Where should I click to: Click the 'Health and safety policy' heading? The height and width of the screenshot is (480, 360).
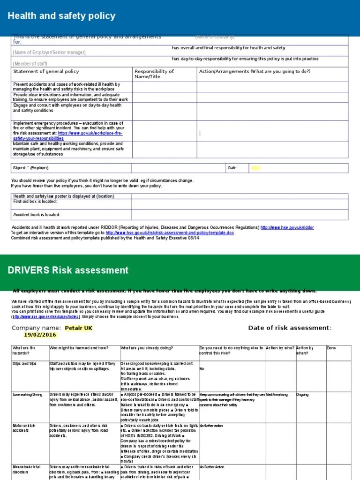61,16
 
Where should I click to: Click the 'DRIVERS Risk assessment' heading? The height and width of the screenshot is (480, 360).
68,270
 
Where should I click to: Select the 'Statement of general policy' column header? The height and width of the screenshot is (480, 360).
46,71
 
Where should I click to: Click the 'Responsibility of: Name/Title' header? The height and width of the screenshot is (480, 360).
154,74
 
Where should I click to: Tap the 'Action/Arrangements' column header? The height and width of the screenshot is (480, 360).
255,71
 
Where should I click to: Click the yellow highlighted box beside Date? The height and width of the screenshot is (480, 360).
255,168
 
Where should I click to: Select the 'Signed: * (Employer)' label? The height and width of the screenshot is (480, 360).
31,168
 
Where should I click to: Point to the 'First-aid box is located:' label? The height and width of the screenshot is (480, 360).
35,202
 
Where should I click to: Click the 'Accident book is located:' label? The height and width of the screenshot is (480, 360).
37,215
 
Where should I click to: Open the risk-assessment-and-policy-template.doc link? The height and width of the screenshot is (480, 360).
169,232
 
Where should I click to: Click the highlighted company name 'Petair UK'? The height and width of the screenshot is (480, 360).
79,328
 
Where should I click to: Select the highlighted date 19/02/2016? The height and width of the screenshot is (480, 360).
39,335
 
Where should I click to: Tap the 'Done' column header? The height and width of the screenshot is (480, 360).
331,348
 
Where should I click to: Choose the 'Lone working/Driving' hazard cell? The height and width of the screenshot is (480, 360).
27,395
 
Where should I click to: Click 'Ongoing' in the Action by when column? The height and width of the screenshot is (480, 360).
302,395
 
